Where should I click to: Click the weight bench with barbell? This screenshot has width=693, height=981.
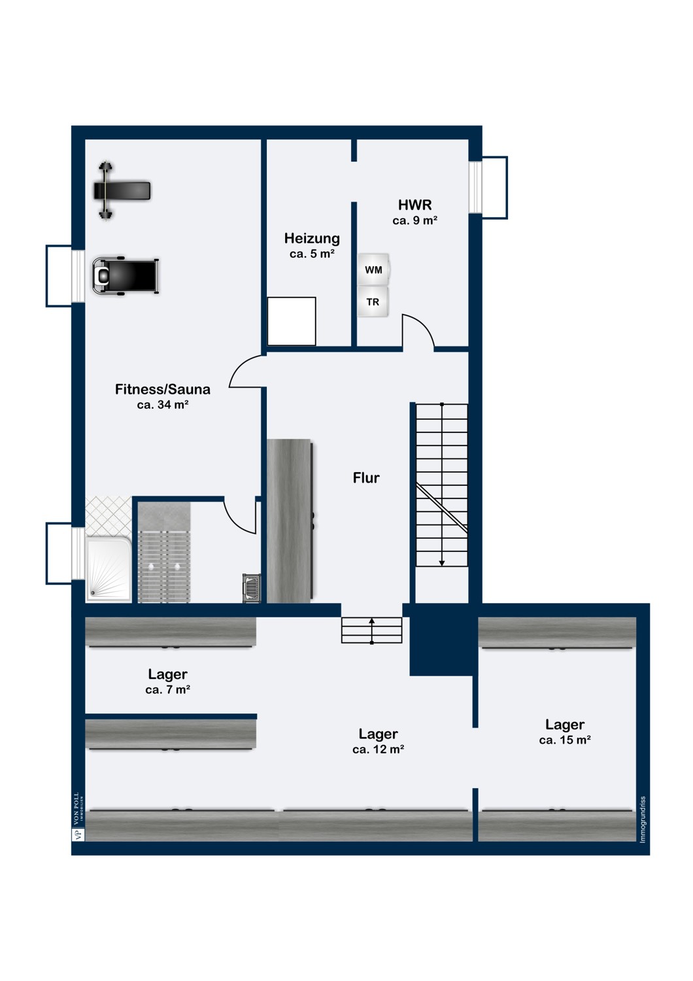tap(122, 190)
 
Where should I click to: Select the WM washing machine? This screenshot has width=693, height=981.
tap(373, 269)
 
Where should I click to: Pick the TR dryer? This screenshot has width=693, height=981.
tap(373, 302)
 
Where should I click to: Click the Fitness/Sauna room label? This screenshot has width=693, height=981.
tap(163, 389)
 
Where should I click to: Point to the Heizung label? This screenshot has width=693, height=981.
tap(312, 238)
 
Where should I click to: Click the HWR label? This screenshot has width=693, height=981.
tap(414, 205)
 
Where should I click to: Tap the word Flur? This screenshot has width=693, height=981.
tap(366, 478)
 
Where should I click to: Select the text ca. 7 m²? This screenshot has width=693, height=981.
tap(168, 690)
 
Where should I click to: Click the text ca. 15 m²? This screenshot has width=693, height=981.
tap(565, 740)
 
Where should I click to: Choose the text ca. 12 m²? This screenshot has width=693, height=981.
tap(378, 749)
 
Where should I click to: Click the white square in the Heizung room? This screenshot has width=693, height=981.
tap(292, 321)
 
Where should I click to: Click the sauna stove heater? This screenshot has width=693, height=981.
tap(252, 587)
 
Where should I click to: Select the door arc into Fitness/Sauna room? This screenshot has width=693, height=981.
tap(246, 373)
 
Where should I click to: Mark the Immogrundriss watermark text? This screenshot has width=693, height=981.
tap(643, 819)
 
